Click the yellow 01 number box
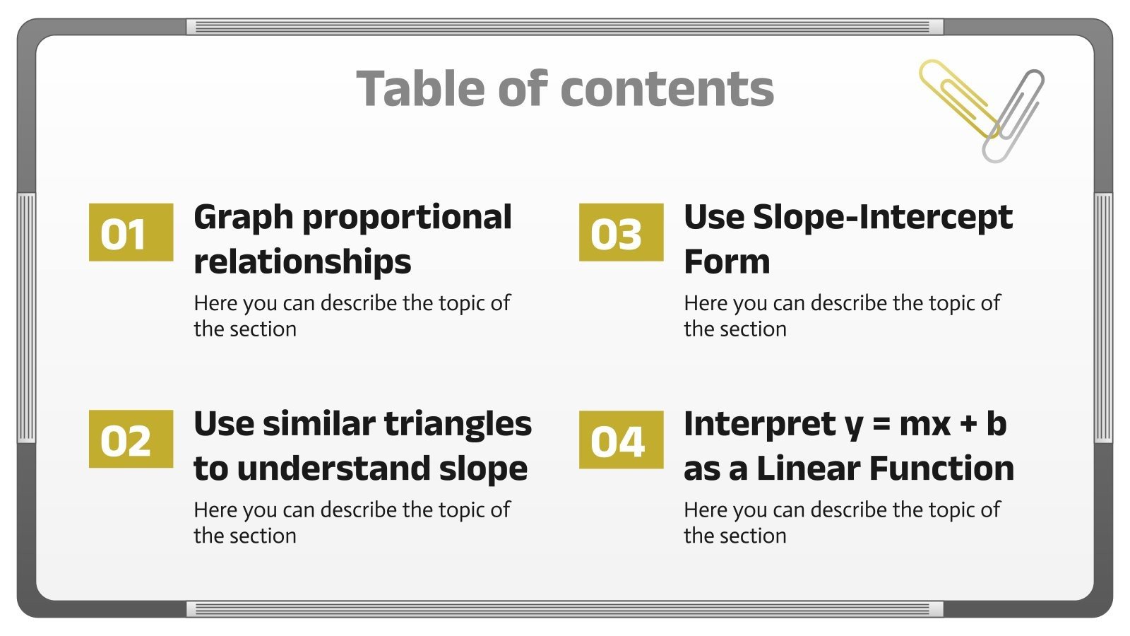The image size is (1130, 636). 131,232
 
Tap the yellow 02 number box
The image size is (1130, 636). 131,439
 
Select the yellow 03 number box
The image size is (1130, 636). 621,232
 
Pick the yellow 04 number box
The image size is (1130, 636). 621,440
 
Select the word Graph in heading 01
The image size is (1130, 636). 243,218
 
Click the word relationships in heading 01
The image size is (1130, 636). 302,262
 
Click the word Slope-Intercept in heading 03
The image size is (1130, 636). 883,218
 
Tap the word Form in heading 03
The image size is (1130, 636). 727,262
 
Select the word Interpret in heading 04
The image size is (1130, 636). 759,424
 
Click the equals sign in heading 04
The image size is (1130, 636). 881,425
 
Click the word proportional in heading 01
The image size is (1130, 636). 407,218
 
